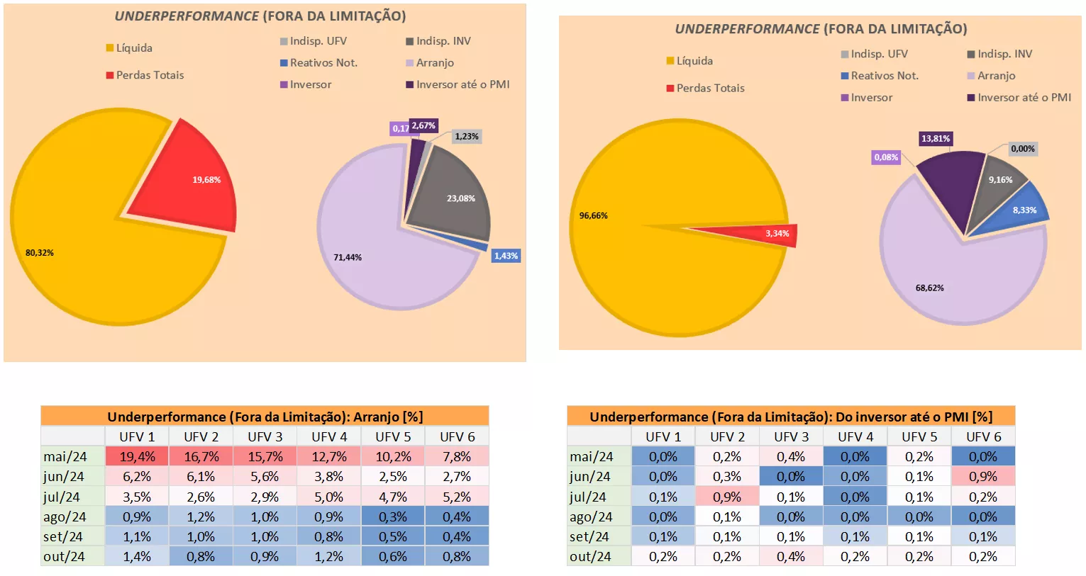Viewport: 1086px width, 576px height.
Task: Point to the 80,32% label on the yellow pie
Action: click(40, 253)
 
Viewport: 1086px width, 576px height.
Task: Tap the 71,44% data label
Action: click(348, 257)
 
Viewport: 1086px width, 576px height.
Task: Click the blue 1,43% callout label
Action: click(506, 256)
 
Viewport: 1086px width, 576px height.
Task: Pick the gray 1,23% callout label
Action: click(466, 137)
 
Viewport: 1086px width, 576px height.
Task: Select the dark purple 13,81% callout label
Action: click(935, 139)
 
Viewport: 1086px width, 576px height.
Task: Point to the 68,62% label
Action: click(929, 288)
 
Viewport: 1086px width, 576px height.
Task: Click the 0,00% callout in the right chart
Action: click(1022, 149)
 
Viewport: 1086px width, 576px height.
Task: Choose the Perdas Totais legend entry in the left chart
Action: click(150, 75)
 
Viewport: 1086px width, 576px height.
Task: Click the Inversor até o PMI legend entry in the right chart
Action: click(1024, 98)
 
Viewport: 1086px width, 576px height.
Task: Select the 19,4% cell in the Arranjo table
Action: click(137, 457)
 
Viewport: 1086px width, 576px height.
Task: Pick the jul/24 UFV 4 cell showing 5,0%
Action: click(329, 497)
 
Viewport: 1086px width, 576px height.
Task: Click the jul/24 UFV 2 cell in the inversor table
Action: click(727, 497)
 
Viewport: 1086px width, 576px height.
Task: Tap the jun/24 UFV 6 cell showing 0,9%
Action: click(983, 477)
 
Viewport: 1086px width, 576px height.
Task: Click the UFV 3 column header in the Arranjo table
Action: click(265, 437)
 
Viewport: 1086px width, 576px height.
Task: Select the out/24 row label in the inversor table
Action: click(590, 557)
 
